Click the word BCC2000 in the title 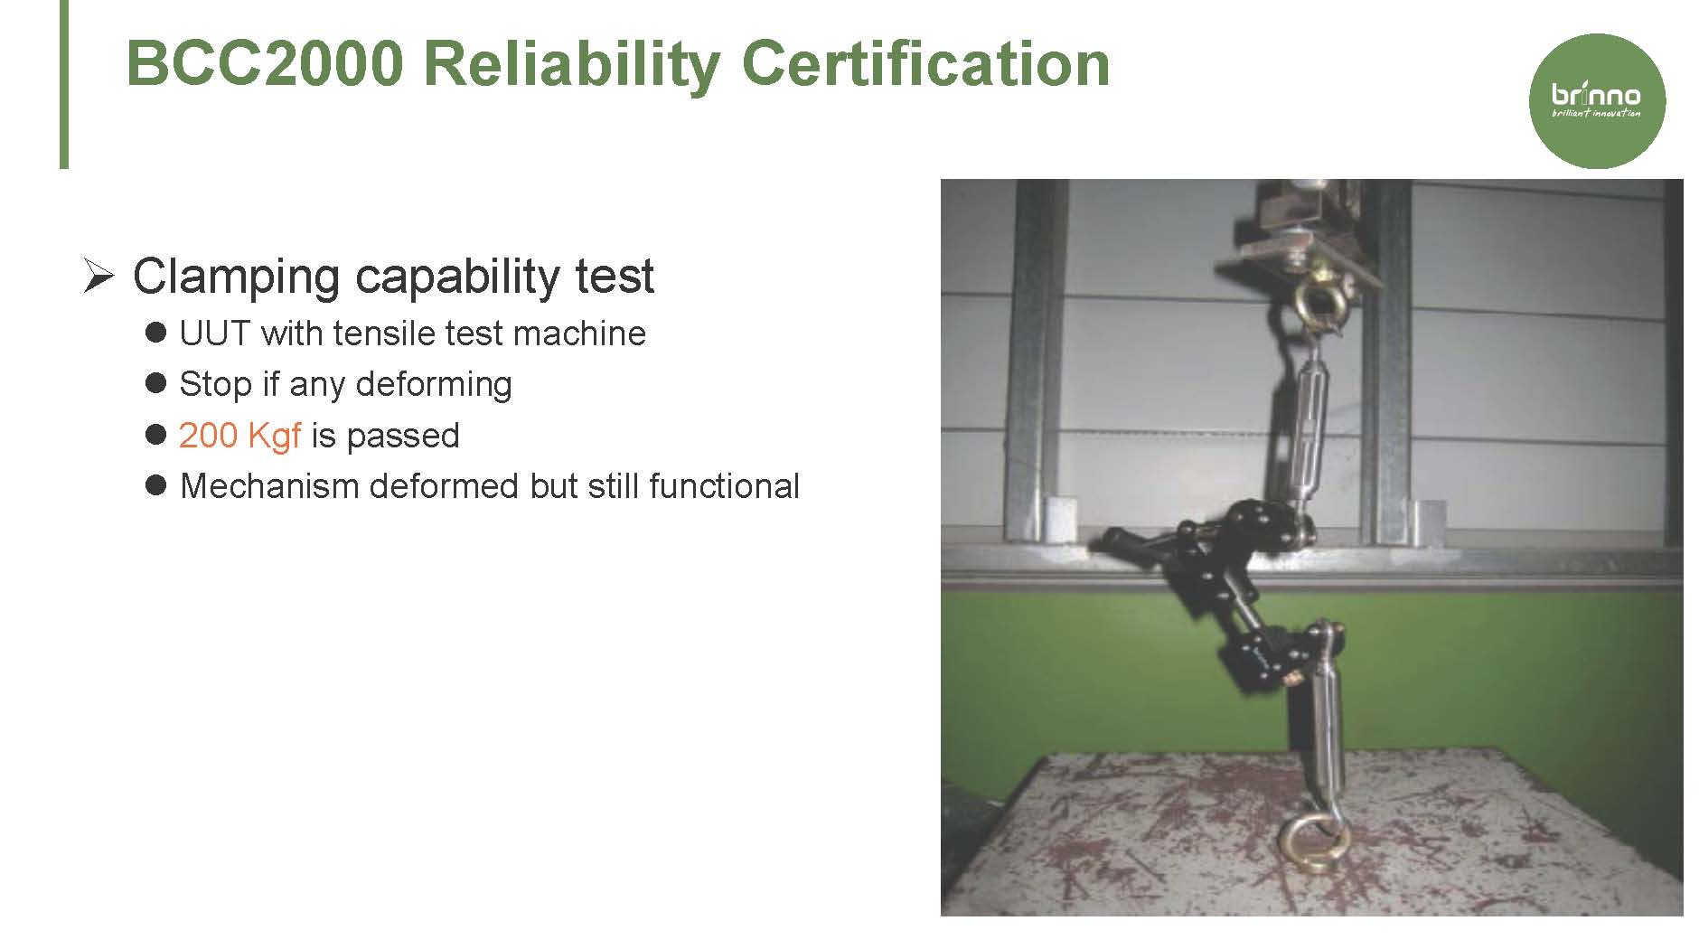pyautogui.click(x=265, y=63)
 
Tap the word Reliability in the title pyautogui.click(x=571, y=65)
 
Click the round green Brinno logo pyautogui.click(x=1596, y=101)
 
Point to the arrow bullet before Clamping pyautogui.click(x=98, y=276)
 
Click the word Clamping pyautogui.click(x=236, y=277)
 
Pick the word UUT pyautogui.click(x=214, y=334)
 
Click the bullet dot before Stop pyautogui.click(x=155, y=383)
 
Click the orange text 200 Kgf pyautogui.click(x=239, y=436)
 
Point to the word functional pyautogui.click(x=724, y=486)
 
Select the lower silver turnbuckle pyautogui.click(x=1325, y=714)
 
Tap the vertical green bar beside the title pyautogui.click(x=64, y=84)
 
